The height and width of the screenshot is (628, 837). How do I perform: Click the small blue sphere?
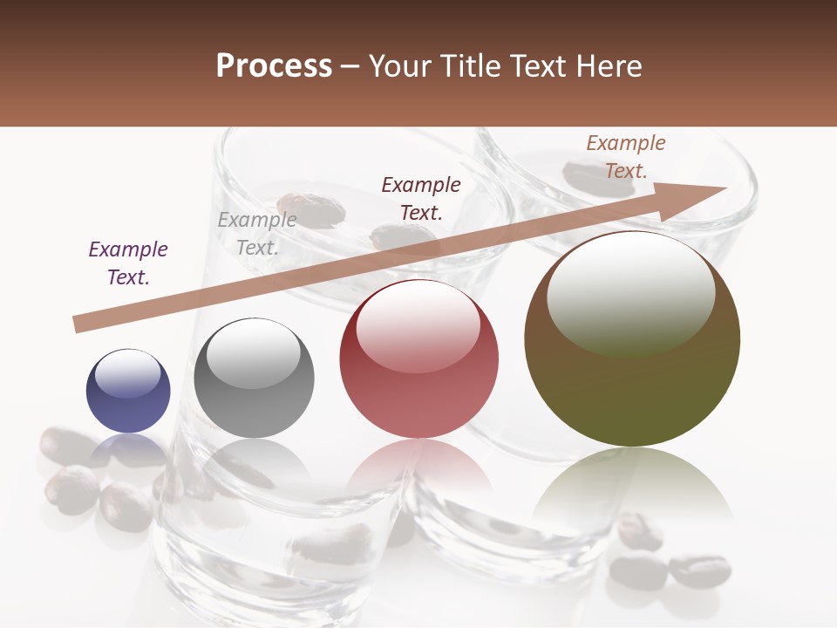point(128,392)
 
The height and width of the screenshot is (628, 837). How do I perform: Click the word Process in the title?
point(274,66)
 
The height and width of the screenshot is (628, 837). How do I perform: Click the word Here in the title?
point(610,66)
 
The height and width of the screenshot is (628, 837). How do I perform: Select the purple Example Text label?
point(128,263)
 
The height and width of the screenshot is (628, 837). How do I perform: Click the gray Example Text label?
point(257,234)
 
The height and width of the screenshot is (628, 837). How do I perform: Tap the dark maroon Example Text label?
point(421,198)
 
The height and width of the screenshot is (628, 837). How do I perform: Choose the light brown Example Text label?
point(626,157)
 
